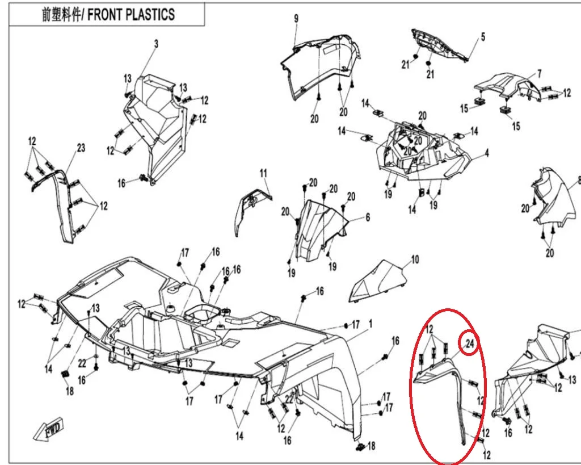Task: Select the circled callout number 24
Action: tap(469, 343)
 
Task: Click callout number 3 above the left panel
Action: tap(156, 44)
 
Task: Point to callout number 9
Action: tap(296, 19)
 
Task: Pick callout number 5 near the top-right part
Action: tap(483, 37)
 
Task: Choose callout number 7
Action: tap(539, 73)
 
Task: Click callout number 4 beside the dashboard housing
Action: tap(486, 153)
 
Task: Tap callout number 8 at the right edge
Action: tap(578, 181)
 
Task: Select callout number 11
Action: tap(263, 173)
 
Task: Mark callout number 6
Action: tap(367, 217)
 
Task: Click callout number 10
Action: tap(415, 259)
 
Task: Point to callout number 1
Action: tap(371, 324)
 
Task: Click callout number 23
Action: tap(81, 148)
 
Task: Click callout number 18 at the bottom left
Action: tap(69, 391)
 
